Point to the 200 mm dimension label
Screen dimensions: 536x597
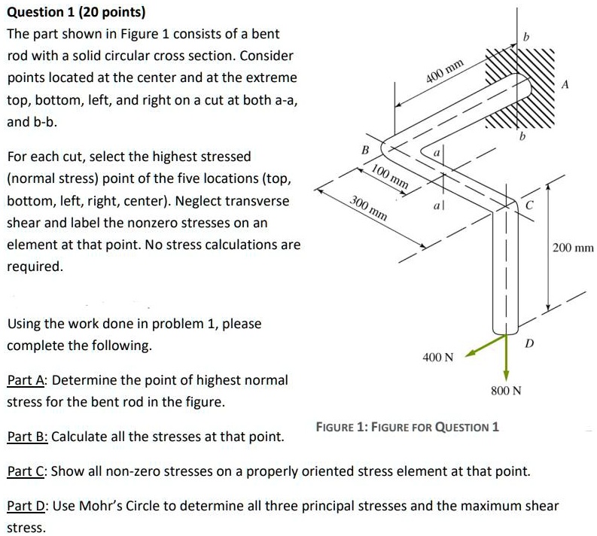point(573,246)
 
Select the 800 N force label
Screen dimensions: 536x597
point(506,392)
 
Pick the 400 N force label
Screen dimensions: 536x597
point(438,356)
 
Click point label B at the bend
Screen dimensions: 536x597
point(366,149)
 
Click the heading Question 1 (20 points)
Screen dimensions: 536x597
point(66,12)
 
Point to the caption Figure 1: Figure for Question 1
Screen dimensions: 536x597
point(407,427)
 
